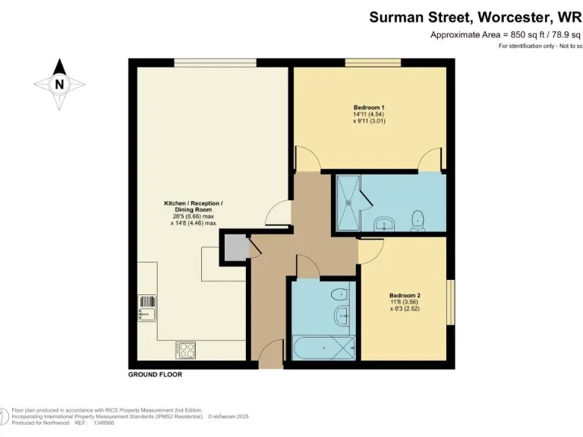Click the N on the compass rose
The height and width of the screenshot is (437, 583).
pyautogui.click(x=59, y=84)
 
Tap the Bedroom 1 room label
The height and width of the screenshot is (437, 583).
pyautogui.click(x=369, y=108)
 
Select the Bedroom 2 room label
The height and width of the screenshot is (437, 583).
pyautogui.click(x=405, y=295)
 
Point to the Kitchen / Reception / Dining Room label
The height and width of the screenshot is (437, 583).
pyautogui.click(x=194, y=203)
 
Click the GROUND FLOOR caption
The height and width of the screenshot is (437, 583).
pyautogui.click(x=155, y=375)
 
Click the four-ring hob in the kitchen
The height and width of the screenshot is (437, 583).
pyautogui.click(x=186, y=350)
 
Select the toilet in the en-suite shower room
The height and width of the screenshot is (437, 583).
pyautogui.click(x=416, y=220)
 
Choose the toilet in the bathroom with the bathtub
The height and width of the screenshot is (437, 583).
pyautogui.click(x=342, y=294)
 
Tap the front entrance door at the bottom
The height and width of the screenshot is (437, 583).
pyautogui.click(x=269, y=357)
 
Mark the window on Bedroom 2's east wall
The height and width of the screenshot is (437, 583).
pyautogui.click(x=450, y=302)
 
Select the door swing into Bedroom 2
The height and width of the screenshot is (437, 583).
pyautogui.click(x=370, y=250)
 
